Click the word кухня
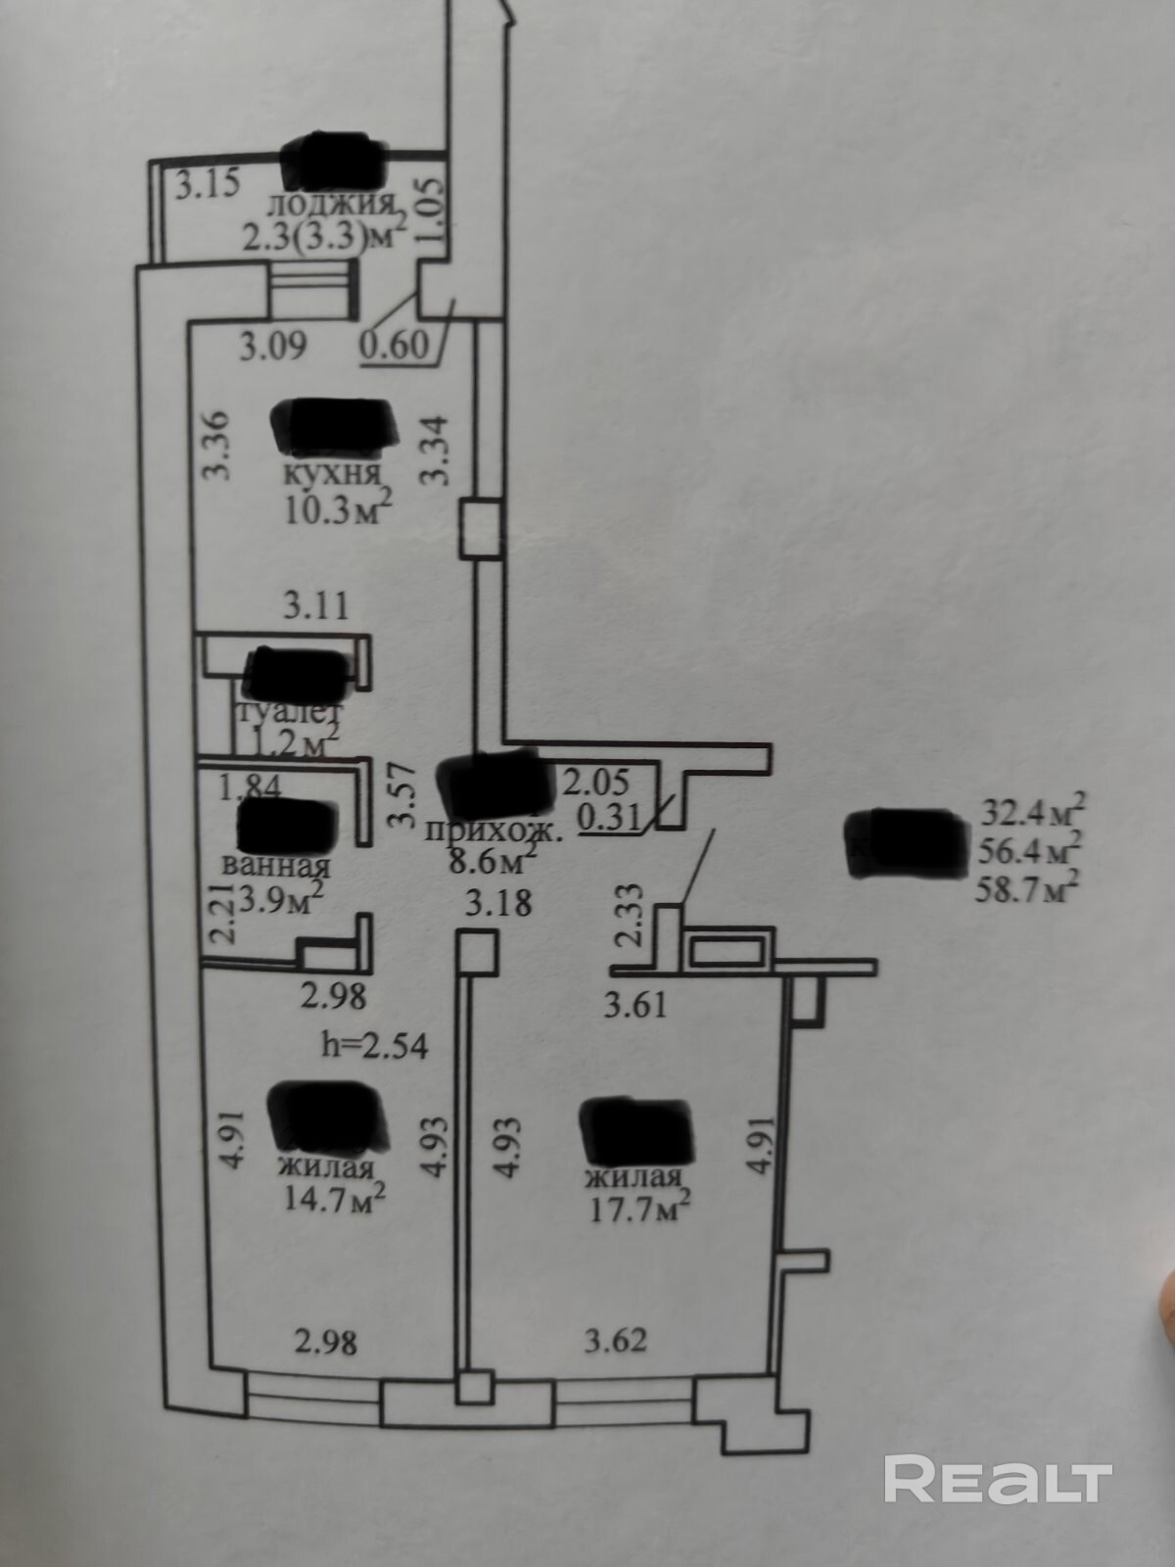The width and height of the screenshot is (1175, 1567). [331, 476]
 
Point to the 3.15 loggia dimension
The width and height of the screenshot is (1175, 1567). [208, 186]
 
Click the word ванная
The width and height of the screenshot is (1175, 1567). [277, 866]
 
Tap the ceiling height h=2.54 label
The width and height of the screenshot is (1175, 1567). [375, 1046]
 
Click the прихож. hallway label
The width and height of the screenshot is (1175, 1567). [493, 833]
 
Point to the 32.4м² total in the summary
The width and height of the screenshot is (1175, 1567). [1031, 814]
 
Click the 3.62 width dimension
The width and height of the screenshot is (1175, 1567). [614, 1340]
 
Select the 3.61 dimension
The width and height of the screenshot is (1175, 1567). [634, 1004]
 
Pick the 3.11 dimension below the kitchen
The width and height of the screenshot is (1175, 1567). [316, 605]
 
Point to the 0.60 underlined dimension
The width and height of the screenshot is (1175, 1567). [395, 346]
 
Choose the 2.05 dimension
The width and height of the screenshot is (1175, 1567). [592, 783]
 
